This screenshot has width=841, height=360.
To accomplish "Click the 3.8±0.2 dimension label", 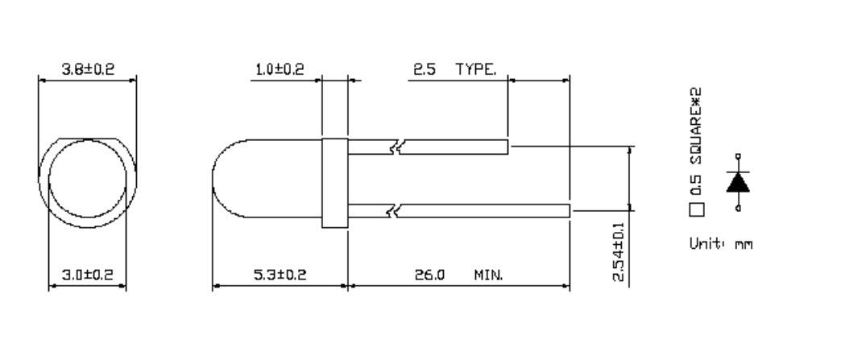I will (x=88, y=69).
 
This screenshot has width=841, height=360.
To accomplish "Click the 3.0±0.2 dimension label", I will (x=88, y=275).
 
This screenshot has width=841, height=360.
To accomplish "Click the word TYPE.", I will (x=476, y=69).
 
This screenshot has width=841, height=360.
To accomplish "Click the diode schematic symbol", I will (x=738, y=182).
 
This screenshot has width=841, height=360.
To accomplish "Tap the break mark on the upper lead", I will (x=395, y=147).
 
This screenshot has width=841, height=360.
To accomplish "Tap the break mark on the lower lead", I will (x=395, y=211).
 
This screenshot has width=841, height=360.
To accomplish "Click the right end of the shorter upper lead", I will (x=507, y=147).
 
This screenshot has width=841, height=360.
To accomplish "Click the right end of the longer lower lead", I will (x=568, y=211).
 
